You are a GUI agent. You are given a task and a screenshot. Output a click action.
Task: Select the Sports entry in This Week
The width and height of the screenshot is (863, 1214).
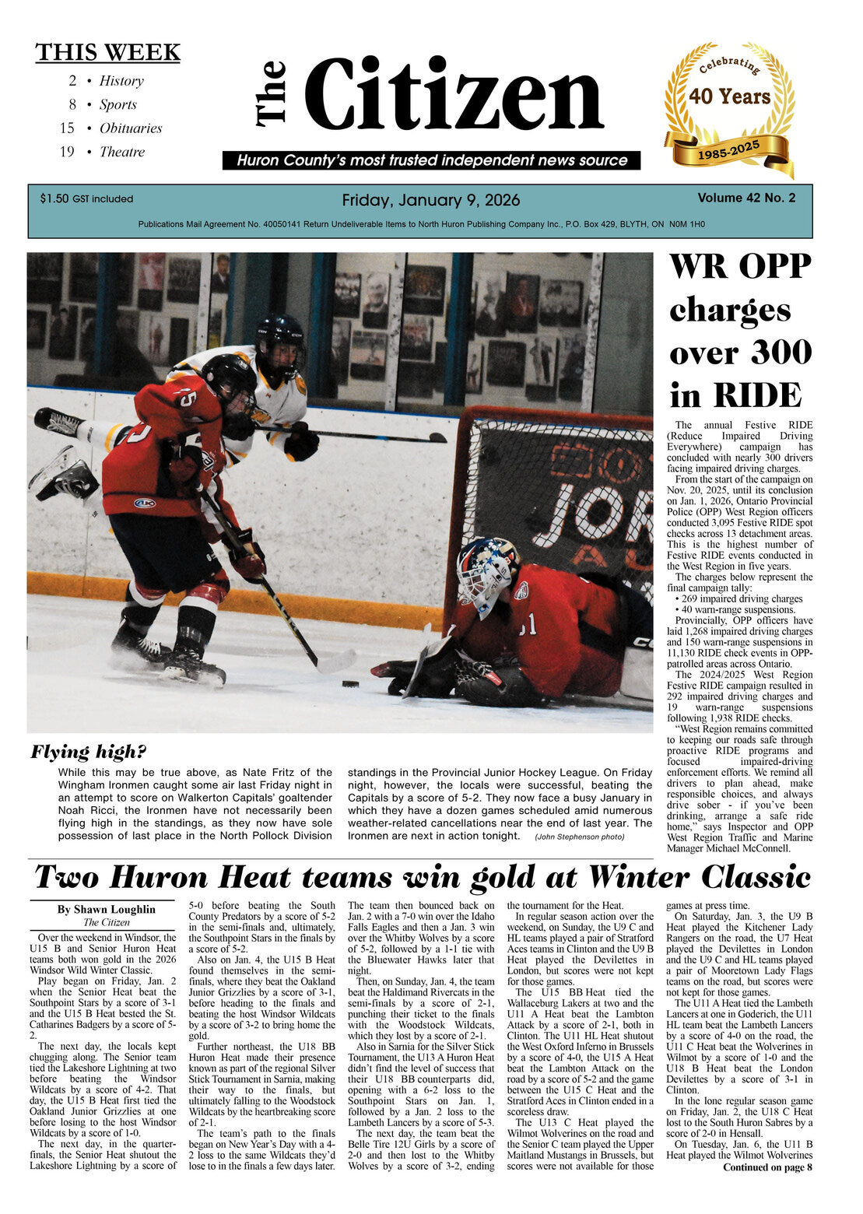point(118,104)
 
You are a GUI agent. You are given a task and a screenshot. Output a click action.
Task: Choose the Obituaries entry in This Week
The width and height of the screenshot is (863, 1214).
point(131,128)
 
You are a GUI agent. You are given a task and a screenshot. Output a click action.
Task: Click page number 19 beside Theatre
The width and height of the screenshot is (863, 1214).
point(67,152)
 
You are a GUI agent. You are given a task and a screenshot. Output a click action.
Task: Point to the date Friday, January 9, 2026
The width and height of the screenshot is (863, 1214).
point(431,201)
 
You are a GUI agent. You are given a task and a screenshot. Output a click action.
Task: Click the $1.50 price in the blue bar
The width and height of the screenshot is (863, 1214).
point(54,199)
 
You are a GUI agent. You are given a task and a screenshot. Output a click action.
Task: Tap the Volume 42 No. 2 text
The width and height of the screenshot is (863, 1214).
point(746,198)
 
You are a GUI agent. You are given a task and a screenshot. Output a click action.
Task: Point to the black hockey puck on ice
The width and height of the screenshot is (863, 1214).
point(351,684)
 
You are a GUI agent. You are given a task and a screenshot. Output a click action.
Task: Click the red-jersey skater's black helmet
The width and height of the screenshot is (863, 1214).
point(228,378)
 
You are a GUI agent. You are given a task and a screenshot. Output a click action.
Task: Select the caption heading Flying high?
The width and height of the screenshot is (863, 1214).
point(88,752)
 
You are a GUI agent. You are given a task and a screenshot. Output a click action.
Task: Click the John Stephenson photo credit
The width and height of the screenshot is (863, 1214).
point(579,837)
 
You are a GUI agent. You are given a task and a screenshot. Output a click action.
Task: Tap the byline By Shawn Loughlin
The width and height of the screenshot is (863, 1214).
point(106,909)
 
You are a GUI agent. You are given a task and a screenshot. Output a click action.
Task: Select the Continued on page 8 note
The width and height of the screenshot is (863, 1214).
point(767,1167)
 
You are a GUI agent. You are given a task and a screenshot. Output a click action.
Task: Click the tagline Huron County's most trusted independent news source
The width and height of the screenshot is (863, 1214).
point(432,160)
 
